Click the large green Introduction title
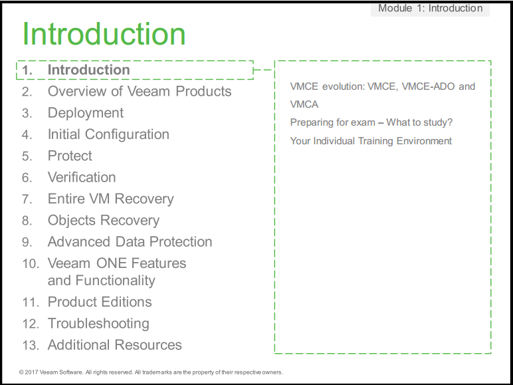coord(104,34)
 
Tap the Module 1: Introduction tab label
coord(430,8)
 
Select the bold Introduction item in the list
coord(88,70)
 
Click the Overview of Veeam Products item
coord(140,91)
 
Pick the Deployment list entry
coord(86,113)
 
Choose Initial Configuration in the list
coord(108,134)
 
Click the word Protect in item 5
coord(70,156)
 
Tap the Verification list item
coord(82,177)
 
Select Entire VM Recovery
coord(111,199)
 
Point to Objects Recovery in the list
coord(104,220)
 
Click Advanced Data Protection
coord(130,241)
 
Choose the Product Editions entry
coord(100,302)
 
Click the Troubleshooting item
coord(98,324)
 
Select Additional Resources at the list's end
coord(115,344)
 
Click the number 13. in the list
coord(31,345)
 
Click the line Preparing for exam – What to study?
coord(371,122)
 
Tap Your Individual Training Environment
coord(371,141)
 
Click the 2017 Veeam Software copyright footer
coord(151,372)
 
